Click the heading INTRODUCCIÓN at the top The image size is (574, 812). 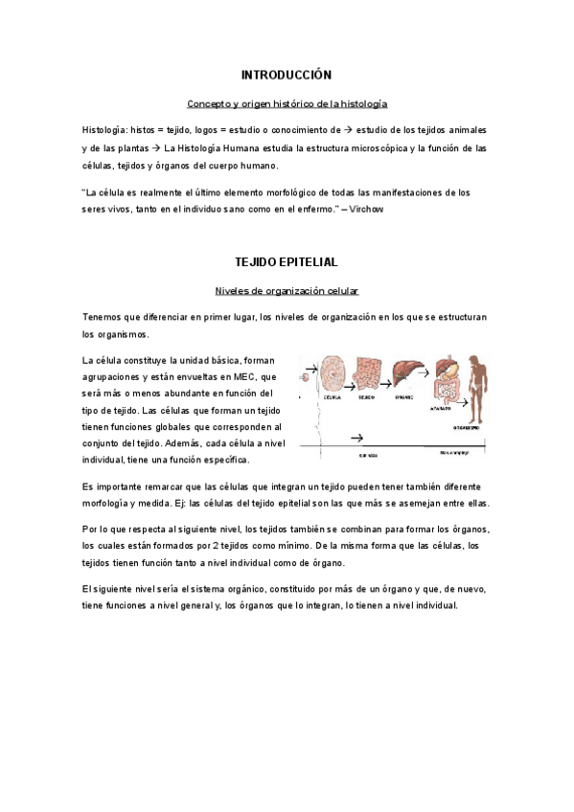[286, 74]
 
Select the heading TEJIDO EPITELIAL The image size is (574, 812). [286, 260]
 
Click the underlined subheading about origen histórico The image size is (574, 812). [287, 102]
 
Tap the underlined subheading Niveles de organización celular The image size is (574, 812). [287, 290]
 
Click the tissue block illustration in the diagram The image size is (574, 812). [367, 373]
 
